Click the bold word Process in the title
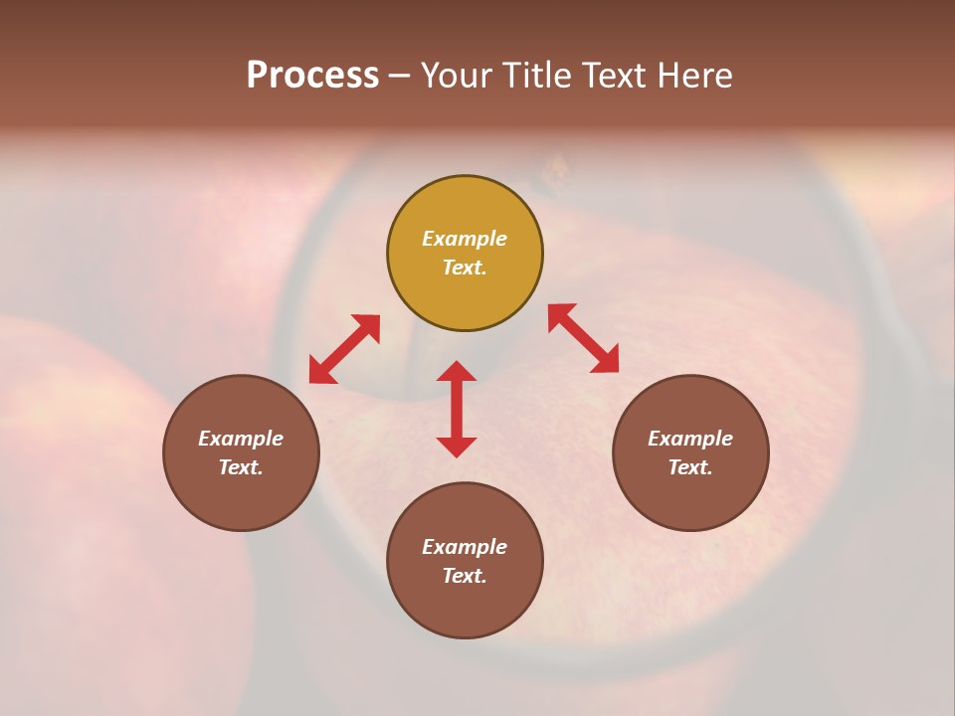[312, 76]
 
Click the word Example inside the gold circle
[465, 239]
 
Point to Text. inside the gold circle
[465, 268]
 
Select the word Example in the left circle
[241, 439]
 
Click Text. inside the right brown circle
[690, 467]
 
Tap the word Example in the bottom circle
[465, 547]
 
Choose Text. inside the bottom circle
[465, 576]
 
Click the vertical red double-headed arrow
[457, 409]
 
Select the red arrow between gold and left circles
[344, 349]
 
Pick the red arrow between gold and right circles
[584, 339]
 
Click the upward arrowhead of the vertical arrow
[457, 371]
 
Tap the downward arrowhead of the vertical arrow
[457, 447]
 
